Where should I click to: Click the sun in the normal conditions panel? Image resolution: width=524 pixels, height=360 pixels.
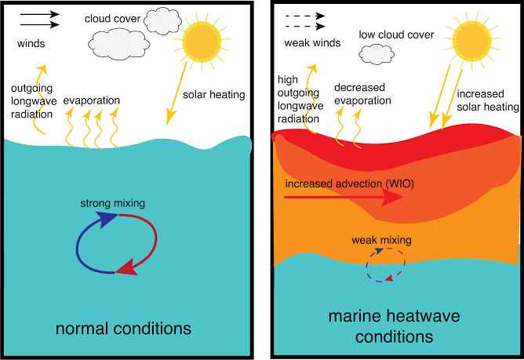(202, 42)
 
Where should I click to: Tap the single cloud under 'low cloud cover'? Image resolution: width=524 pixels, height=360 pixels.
(377, 54)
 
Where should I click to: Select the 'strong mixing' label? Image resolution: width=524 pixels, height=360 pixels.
(113, 203)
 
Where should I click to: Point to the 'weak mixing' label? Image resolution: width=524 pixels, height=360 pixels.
(381, 240)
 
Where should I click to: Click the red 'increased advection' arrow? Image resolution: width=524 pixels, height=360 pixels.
(344, 197)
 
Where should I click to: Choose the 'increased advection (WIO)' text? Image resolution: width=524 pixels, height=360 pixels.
(350, 184)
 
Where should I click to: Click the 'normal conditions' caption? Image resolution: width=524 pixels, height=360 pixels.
(123, 329)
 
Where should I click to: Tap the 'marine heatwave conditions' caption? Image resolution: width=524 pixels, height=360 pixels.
(394, 326)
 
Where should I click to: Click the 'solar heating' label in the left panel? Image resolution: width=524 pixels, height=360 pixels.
(213, 95)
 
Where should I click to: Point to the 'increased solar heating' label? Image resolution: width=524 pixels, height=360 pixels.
(488, 100)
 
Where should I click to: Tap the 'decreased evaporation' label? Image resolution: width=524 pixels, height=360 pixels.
(362, 94)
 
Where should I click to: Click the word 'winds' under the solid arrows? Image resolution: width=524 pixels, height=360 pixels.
(31, 43)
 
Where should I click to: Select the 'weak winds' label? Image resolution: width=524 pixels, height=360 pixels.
(312, 43)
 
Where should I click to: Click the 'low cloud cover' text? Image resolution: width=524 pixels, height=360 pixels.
(396, 35)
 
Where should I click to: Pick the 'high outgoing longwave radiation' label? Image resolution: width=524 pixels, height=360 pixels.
(300, 100)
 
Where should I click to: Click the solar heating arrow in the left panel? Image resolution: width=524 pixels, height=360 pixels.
(176, 93)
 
